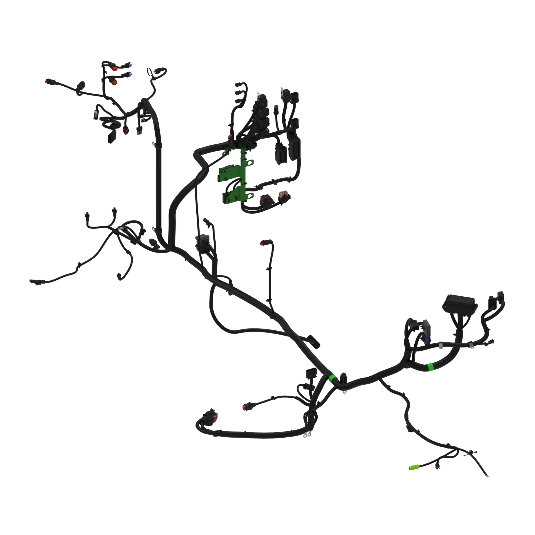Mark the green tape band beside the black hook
(332, 378)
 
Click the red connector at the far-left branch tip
(48, 82)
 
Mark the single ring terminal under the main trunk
(345, 392)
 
